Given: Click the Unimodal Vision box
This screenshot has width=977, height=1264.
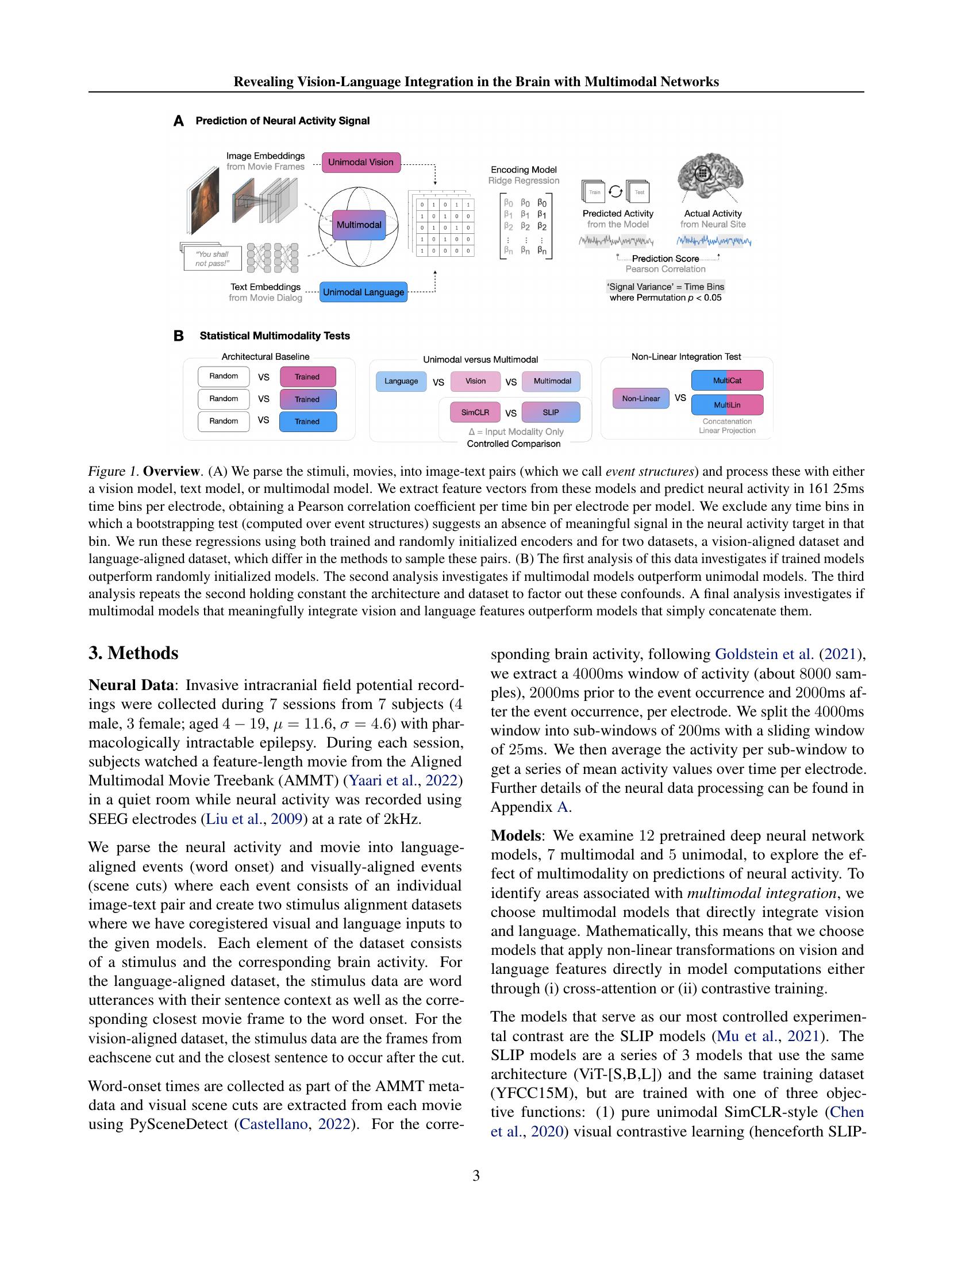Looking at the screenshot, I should tap(360, 162).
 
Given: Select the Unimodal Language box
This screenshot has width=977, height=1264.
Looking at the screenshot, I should tap(363, 292).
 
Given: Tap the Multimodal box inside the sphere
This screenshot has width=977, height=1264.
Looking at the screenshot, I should tap(359, 225).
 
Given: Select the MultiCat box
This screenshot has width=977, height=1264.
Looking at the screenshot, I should tap(727, 380).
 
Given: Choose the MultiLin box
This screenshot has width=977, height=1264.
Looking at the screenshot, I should tap(727, 404).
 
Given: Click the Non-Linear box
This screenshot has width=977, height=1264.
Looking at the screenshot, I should tap(641, 398).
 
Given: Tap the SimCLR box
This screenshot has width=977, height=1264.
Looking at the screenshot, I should tap(475, 413).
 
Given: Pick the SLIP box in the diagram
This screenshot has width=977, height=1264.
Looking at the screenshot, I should tap(551, 413).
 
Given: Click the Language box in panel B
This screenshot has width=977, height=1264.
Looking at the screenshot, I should tap(401, 381).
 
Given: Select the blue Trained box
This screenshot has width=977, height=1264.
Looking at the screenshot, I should tap(307, 421).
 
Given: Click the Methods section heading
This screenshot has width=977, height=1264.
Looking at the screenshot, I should tap(134, 653).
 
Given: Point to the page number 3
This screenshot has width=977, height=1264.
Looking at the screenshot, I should tap(476, 1176).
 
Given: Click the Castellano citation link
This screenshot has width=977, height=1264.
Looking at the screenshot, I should tap(273, 1124).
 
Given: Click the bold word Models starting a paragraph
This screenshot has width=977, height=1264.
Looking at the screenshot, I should tap(516, 835).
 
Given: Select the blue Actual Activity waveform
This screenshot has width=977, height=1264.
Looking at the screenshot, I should tap(714, 241).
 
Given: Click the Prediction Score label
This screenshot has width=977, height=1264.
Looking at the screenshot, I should tap(665, 259).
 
